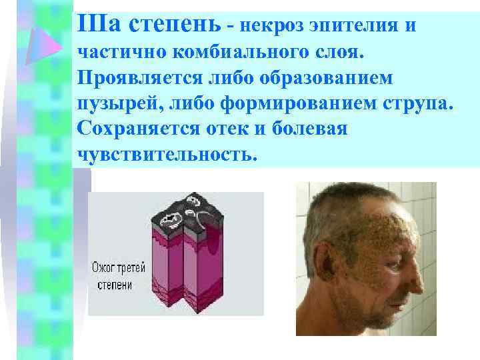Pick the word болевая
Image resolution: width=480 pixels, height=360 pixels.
(313, 129)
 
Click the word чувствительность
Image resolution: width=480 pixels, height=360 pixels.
(167, 154)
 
